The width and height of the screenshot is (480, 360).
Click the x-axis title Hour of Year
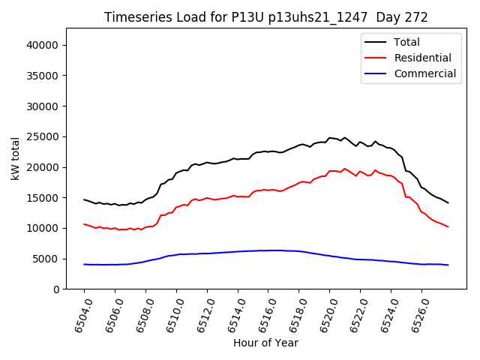pos(265,343)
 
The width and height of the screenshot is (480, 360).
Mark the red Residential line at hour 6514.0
pos(238,196)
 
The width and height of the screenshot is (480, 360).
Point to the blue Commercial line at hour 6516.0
pos(268,250)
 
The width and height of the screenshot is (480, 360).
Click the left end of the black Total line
pos(85,199)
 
